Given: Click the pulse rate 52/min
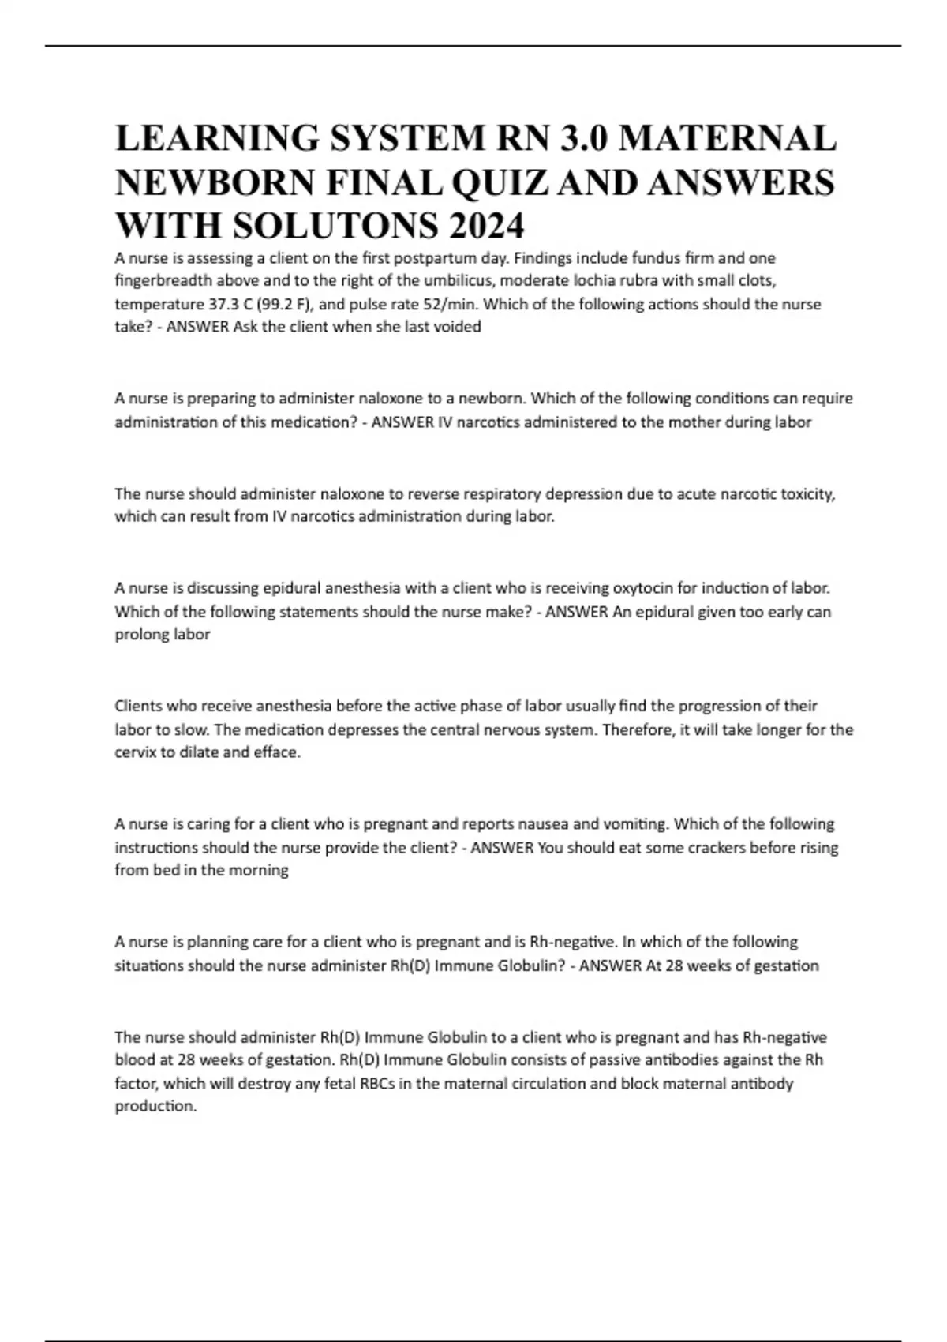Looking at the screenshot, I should coord(451,304).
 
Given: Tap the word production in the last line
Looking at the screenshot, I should coord(155,1106).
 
